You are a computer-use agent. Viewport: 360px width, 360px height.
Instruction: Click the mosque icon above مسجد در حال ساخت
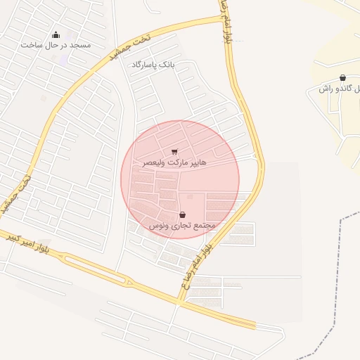(56, 35)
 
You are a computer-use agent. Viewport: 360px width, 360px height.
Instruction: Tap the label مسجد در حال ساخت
(56, 46)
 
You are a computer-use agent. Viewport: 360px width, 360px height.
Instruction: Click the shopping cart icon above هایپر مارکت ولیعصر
(174, 151)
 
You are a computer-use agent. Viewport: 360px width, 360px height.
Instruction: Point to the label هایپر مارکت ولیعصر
(175, 162)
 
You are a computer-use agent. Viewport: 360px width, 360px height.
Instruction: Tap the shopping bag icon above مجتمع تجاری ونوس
(183, 214)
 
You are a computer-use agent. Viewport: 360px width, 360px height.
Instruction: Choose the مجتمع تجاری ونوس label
(183, 225)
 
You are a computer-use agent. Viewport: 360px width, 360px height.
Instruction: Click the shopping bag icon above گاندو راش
(342, 78)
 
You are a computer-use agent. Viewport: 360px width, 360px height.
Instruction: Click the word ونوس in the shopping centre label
(160, 225)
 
